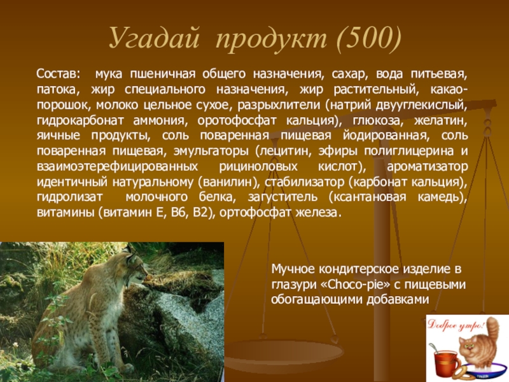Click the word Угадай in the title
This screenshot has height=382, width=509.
pyautogui.click(x=153, y=38)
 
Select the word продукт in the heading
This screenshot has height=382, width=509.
pyautogui.click(x=272, y=38)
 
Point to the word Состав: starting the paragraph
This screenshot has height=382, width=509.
pyautogui.click(x=58, y=74)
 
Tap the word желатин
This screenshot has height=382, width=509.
pyautogui.click(x=440, y=121)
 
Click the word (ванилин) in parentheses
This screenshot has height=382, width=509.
pyautogui.click(x=228, y=182)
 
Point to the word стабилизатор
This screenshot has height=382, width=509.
pyautogui.click(x=304, y=182)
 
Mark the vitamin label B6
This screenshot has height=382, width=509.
pyautogui.click(x=179, y=213)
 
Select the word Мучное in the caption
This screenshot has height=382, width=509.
pyautogui.click(x=293, y=269)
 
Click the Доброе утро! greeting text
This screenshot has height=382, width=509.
pyautogui.click(x=456, y=325)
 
